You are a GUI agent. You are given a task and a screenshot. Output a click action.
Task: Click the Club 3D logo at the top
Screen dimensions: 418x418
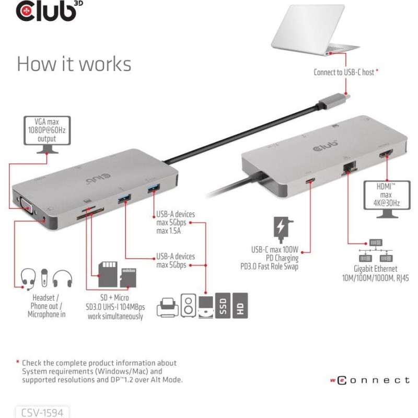[49, 11]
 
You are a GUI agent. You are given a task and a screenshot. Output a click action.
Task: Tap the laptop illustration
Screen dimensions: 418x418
[315, 30]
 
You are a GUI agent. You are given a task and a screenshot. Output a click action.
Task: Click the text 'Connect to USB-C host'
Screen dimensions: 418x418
[344, 72]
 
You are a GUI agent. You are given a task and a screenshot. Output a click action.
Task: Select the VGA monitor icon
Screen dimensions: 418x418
[47, 135]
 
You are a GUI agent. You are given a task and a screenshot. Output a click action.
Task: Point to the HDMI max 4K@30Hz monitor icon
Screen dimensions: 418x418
[387, 199]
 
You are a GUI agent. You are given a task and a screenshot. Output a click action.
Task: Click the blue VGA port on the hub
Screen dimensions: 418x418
[27, 205]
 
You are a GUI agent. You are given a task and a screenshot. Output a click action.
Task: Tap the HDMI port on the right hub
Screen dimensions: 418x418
[386, 154]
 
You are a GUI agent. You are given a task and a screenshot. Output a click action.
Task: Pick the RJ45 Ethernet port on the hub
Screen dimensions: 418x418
[349, 168]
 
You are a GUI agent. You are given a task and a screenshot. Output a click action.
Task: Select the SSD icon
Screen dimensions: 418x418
[223, 306]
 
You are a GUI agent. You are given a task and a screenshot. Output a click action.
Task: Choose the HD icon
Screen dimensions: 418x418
[240, 306]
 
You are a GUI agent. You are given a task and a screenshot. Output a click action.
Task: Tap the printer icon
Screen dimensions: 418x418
[167, 307]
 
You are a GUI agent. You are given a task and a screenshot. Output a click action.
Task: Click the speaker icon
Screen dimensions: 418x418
[188, 306]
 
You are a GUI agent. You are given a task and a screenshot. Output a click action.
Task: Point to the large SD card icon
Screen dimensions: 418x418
[108, 274]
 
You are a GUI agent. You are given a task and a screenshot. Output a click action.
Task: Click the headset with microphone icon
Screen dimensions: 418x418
[28, 279]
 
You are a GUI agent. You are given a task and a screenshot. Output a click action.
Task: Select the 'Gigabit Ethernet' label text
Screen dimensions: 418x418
[375, 269]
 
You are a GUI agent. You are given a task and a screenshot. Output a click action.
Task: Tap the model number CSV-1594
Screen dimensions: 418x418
[42, 413]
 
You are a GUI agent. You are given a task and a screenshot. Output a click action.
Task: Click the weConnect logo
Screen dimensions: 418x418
[370, 380]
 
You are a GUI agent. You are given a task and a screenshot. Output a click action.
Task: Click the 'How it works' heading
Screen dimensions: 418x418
[74, 64]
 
